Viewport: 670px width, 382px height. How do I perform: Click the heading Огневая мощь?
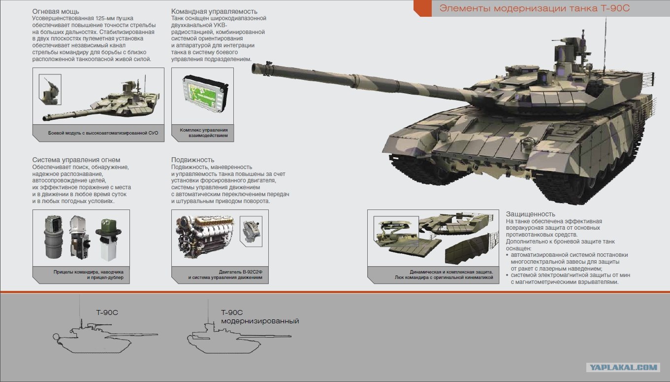point(56,11)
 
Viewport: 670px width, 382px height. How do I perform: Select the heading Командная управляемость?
point(214,11)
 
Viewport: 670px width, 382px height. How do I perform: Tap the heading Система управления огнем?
point(76,160)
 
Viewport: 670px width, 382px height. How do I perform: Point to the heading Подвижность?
point(192,160)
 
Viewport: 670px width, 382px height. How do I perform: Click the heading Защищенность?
point(530,214)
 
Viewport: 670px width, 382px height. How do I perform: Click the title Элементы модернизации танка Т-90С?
point(535,8)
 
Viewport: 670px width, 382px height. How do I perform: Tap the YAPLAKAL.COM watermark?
point(623,367)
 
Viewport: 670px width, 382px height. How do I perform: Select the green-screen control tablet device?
point(205,94)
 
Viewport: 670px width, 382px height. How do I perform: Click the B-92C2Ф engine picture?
point(206,237)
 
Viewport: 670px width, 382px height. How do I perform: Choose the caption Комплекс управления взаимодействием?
point(204,133)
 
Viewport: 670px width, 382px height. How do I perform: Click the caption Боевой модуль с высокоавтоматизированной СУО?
point(103,133)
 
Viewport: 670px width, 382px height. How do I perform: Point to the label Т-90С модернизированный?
point(260,317)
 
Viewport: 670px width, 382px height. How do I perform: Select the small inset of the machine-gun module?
point(50,90)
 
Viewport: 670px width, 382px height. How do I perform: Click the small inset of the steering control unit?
point(251,231)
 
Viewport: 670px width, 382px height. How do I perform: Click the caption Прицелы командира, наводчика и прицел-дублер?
point(89,275)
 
